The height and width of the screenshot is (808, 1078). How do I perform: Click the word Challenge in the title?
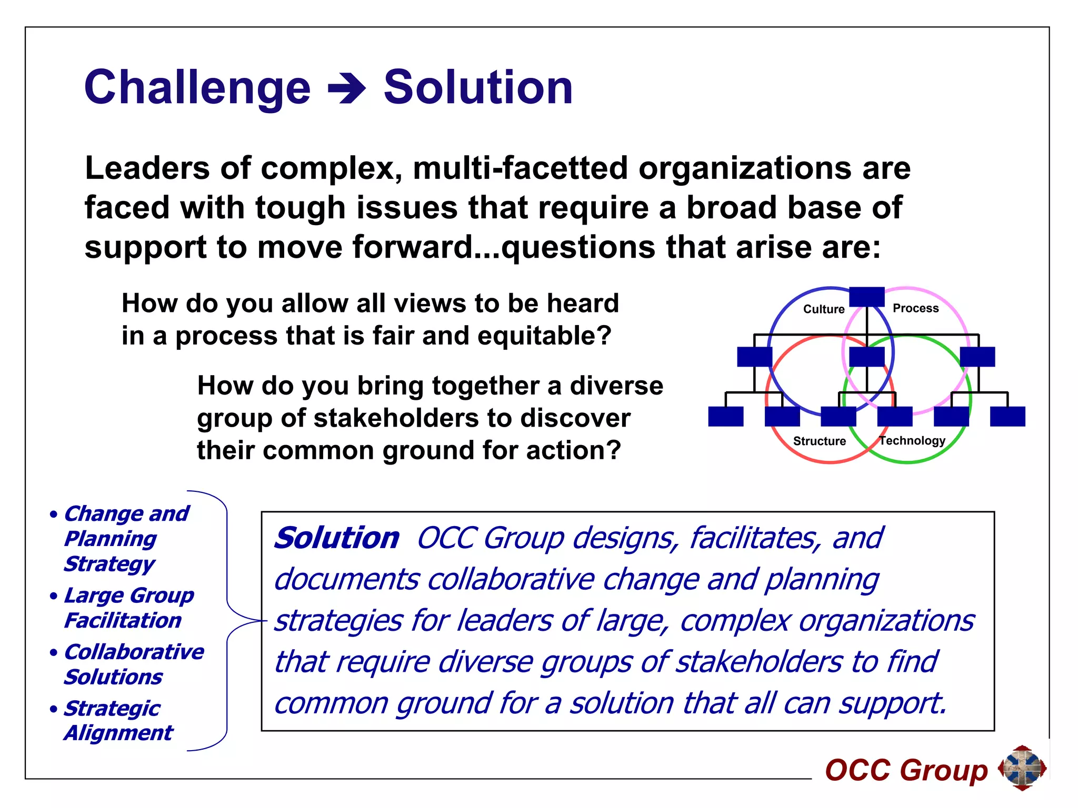pos(197,88)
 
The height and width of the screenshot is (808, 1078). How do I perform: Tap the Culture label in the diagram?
pos(823,309)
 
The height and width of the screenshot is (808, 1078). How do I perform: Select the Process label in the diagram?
pos(915,308)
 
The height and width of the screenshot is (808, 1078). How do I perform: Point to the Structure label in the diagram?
pos(819,441)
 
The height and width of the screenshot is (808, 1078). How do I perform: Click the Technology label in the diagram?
pos(912,440)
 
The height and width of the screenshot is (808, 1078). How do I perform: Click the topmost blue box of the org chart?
pos(866,297)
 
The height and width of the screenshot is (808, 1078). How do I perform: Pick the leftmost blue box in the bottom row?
pos(725,416)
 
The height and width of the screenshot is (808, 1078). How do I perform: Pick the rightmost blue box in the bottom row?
pos(1007,416)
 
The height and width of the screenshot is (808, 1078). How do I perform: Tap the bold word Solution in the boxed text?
pos(337,538)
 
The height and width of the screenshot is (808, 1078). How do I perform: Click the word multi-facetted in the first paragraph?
pos(520,168)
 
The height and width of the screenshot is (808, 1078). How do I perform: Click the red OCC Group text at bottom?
pos(906,770)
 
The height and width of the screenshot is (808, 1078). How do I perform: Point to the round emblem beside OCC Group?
pos(1022,768)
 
